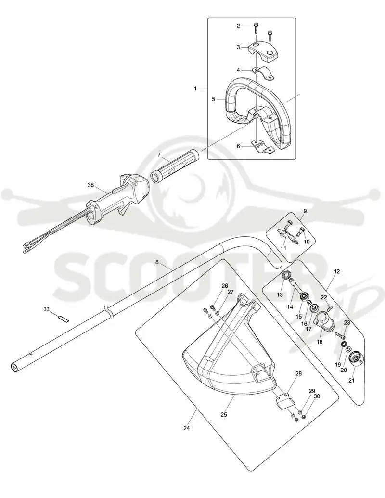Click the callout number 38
click(91, 185)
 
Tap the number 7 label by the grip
click(159, 154)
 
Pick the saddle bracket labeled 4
click(264, 73)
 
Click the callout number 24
click(186, 428)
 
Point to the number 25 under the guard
click(224, 414)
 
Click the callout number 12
click(337, 271)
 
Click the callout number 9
click(305, 211)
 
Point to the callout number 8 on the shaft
click(157, 262)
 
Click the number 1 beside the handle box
click(195, 89)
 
